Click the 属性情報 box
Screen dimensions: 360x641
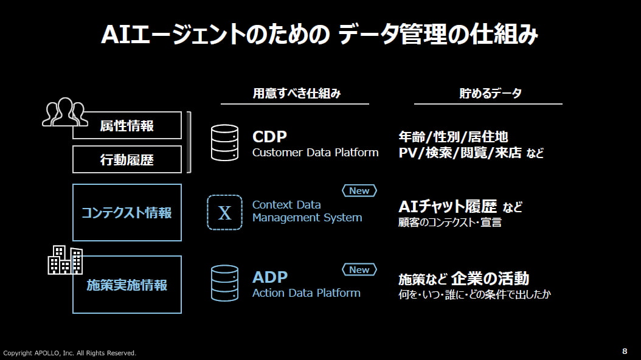coord(126,125)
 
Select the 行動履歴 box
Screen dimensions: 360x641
coord(126,159)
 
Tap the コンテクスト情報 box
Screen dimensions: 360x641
coord(126,213)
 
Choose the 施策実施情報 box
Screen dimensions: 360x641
coord(126,285)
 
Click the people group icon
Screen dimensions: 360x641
coord(63,112)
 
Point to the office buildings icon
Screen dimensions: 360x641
coord(65,260)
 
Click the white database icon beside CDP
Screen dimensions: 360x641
coord(224,143)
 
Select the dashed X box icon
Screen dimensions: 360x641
coord(224,212)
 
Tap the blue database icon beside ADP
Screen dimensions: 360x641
coord(224,283)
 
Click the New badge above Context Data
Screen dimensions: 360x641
coord(359,191)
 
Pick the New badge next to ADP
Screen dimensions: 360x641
coord(359,269)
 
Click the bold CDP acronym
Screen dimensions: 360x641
coord(269,137)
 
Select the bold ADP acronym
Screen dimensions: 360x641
coord(270,277)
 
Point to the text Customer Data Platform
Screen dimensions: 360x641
coord(315,153)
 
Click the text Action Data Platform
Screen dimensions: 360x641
coord(306,293)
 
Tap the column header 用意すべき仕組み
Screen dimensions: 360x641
coord(296,94)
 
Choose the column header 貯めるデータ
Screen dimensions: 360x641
coord(490,94)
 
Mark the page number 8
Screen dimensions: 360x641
coord(625,351)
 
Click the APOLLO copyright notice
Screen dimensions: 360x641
coord(70,353)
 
